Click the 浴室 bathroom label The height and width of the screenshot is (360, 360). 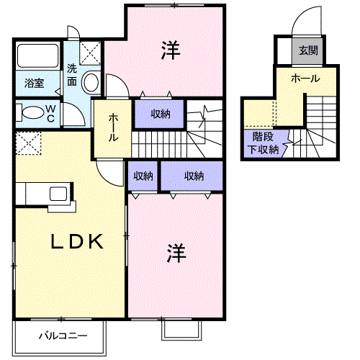(34, 83)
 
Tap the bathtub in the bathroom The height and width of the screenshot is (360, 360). (38, 55)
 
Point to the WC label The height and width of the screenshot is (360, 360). (50, 114)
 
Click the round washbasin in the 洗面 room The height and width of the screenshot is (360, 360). (91, 82)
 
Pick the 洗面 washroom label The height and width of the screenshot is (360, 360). (72, 75)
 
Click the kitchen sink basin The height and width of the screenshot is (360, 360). (58, 194)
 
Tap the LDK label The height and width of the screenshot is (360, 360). (77, 241)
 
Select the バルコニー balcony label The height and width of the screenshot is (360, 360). (63, 336)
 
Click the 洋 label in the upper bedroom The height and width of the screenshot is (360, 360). (171, 50)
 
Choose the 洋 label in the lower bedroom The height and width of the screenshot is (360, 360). (176, 253)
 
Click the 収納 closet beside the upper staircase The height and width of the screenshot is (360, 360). (159, 114)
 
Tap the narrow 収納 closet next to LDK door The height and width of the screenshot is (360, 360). (143, 176)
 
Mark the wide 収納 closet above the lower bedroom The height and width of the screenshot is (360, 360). (192, 176)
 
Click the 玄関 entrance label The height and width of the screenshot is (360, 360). (308, 50)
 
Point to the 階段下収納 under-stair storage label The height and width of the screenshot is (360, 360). (263, 143)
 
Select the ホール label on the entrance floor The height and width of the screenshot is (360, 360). (305, 78)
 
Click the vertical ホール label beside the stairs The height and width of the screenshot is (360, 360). (113, 127)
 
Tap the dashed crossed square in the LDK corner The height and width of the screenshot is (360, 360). (28, 143)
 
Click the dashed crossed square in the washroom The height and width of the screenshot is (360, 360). (90, 53)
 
